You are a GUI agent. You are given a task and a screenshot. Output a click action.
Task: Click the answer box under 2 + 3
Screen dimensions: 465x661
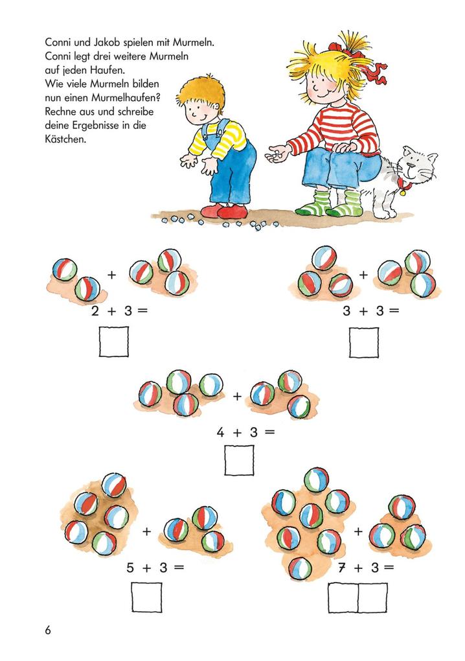(x=114, y=342)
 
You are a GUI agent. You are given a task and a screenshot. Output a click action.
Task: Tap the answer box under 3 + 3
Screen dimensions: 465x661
(x=363, y=342)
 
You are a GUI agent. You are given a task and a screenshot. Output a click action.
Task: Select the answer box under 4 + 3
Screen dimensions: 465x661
(x=239, y=460)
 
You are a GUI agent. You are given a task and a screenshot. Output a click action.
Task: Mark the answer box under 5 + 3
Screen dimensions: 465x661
(x=146, y=597)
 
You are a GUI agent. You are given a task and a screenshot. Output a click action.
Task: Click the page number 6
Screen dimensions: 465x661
(x=48, y=631)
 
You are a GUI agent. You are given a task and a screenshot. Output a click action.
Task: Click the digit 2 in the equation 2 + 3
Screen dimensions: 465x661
(x=95, y=311)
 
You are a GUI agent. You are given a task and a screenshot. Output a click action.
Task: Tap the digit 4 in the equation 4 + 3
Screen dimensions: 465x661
(x=220, y=432)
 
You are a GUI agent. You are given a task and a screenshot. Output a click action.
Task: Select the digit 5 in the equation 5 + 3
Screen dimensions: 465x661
(x=130, y=568)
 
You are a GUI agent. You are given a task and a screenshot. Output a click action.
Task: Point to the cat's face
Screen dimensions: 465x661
(x=417, y=165)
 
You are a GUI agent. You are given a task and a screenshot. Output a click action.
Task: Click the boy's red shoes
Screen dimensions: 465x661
(x=224, y=211)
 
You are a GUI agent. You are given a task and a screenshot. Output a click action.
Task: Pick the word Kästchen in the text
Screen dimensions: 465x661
(x=65, y=139)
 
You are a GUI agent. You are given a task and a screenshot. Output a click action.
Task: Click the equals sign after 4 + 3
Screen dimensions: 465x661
(x=269, y=432)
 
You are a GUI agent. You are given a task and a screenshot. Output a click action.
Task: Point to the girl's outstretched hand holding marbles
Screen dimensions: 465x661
(x=277, y=153)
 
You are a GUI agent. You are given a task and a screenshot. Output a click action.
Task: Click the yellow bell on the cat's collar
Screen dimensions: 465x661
(x=403, y=192)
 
